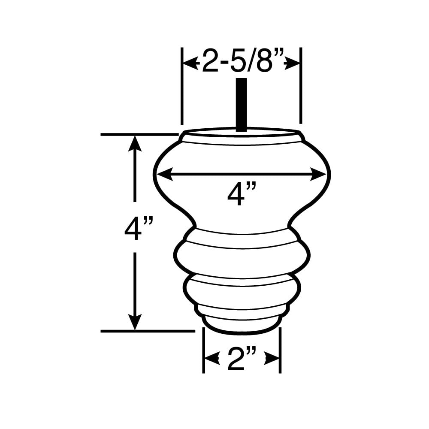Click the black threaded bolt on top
click(x=241, y=105)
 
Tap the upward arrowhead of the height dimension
click(x=135, y=143)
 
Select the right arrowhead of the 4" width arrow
click(x=318, y=174)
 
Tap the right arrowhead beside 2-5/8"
click(x=292, y=65)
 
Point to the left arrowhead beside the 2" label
click(x=212, y=358)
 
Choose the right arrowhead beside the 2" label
click(x=272, y=358)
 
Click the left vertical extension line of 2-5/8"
click(x=182, y=86)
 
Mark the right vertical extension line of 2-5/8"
click(x=301, y=85)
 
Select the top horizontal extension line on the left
click(x=139, y=134)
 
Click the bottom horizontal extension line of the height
click(x=148, y=331)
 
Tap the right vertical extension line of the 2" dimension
click(x=280, y=350)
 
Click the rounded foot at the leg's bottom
click(x=242, y=326)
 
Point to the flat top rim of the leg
click(x=242, y=132)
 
